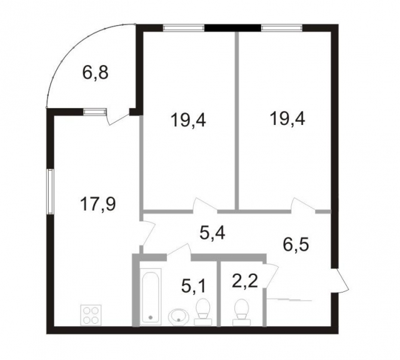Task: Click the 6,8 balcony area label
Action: click(95, 74)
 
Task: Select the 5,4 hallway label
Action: click(212, 234)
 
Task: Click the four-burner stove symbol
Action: click(91, 314)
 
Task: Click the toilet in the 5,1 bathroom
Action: click(202, 311)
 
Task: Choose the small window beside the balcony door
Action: click(94, 112)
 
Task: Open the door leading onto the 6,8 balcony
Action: click(117, 117)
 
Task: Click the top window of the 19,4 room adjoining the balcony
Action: click(184, 27)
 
